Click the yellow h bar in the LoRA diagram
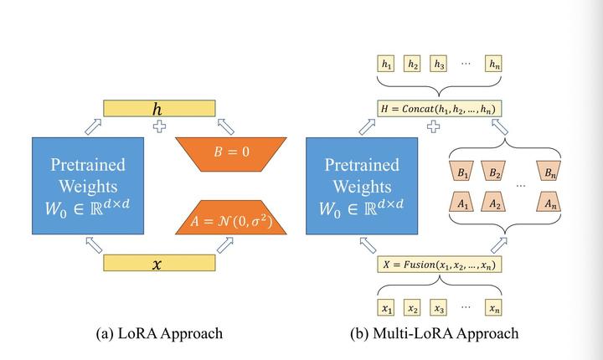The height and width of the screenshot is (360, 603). (159, 109)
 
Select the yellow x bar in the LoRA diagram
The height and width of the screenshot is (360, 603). (159, 263)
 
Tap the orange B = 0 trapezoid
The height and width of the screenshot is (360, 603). (231, 154)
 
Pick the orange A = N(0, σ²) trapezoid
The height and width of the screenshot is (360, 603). (231, 218)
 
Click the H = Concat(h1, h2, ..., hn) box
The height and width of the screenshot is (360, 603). (440, 109)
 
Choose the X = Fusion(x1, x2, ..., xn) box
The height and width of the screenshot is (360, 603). (440, 265)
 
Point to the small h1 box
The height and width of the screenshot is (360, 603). (386, 64)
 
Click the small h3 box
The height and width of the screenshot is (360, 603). (438, 64)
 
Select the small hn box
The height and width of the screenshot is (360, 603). (493, 64)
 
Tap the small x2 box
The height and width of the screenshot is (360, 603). (412, 307)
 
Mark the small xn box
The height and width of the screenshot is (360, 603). (493, 307)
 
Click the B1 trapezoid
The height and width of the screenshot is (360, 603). (461, 171)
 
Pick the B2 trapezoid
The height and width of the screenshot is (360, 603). (493, 171)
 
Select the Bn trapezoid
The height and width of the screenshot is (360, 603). (549, 171)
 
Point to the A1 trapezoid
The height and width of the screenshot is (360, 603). (461, 202)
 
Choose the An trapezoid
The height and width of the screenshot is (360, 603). (549, 202)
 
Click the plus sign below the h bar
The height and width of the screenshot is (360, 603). (160, 126)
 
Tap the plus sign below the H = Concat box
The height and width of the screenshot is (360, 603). (434, 126)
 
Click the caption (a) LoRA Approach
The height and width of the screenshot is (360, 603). (159, 333)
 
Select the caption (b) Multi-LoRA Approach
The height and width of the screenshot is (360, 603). (435, 333)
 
